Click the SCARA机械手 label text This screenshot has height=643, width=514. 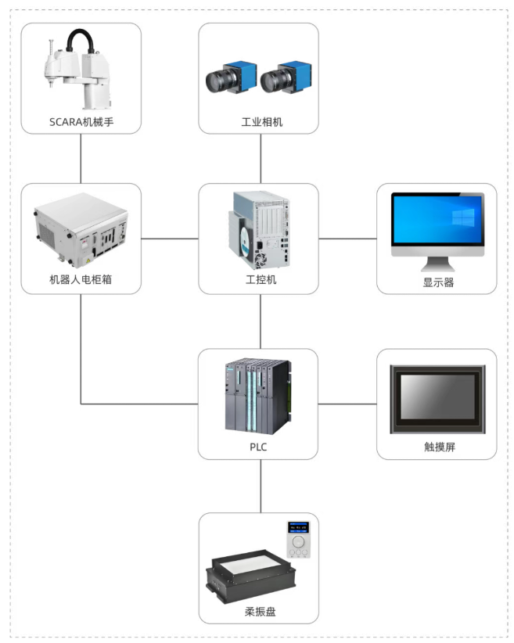81,123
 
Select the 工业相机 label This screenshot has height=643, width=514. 259,123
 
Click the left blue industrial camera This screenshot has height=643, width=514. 228,78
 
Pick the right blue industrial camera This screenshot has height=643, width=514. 284,78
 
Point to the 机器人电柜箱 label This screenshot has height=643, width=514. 81,279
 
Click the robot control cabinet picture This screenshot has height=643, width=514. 81,230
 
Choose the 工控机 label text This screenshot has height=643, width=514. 259,279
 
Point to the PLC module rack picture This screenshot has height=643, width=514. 259,395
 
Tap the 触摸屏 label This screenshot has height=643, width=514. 437,447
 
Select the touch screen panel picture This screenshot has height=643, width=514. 437,398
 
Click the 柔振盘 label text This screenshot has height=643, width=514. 259,611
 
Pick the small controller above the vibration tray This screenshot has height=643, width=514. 298,539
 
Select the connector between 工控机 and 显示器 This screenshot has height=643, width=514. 347,238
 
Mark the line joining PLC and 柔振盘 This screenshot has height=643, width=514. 259,486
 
